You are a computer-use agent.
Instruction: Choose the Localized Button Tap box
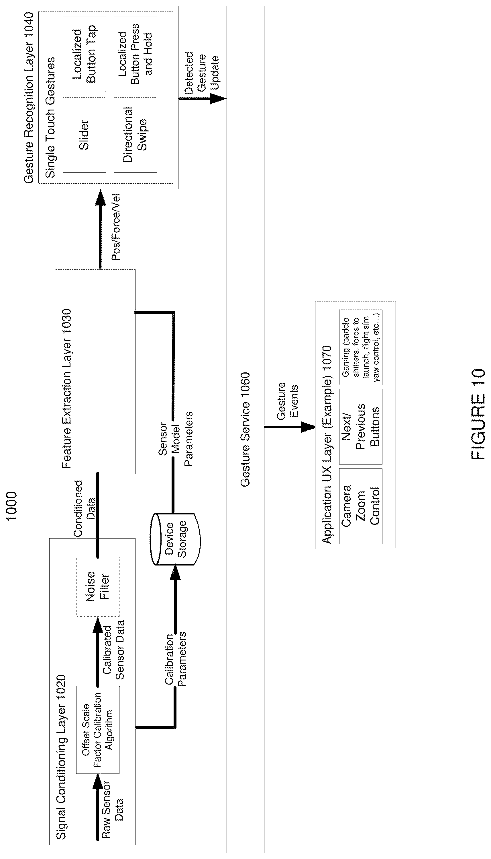tap(84, 54)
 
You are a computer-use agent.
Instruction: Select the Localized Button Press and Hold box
tap(135, 54)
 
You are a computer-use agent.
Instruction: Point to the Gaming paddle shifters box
tap(360, 347)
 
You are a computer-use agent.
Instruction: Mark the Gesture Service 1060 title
tap(245, 429)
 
